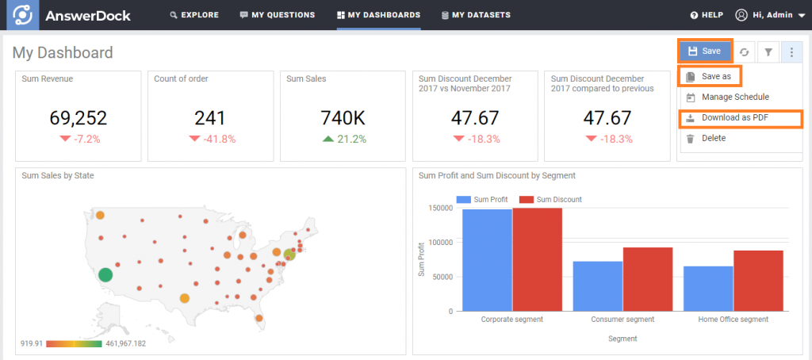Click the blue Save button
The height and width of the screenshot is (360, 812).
click(705, 51)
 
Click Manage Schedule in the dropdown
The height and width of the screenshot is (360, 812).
click(734, 97)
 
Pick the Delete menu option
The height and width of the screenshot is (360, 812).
click(714, 139)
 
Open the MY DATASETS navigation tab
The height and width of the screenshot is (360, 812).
click(476, 15)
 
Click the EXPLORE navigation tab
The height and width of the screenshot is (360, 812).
click(194, 15)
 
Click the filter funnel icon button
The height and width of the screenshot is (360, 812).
click(768, 52)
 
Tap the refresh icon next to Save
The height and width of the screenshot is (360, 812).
click(745, 52)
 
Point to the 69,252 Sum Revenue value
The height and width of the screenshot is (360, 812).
click(78, 118)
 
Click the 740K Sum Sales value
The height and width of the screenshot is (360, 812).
click(343, 118)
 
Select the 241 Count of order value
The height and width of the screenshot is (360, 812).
click(210, 118)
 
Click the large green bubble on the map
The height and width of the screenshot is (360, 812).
click(105, 274)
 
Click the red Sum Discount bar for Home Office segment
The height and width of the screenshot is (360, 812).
click(758, 281)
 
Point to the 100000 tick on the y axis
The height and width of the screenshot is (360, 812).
click(442, 242)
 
